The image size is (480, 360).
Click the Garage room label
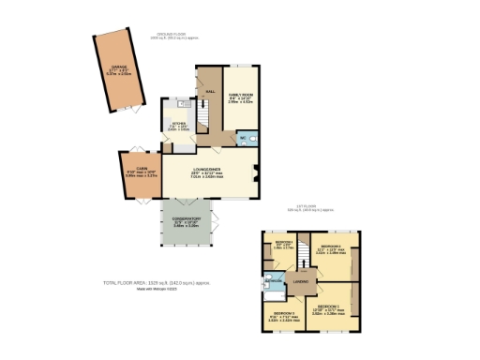[x=119, y=68]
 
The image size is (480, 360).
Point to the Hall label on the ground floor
[x=210, y=91]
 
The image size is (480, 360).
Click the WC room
[x=242, y=138]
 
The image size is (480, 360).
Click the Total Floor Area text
[x=157, y=282]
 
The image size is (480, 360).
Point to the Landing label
[x=301, y=280]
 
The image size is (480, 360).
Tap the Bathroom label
[x=275, y=281]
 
